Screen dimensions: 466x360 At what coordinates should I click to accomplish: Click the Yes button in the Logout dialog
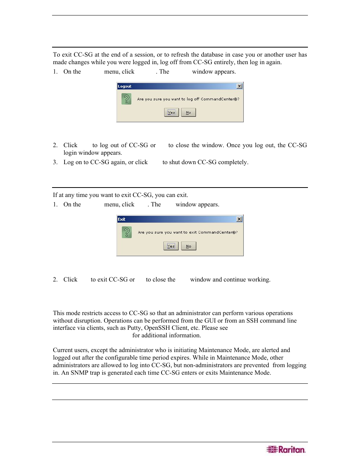[x=171, y=112]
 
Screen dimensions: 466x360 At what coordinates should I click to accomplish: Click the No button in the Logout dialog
[x=188, y=112]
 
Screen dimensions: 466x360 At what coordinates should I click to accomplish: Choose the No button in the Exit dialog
[x=188, y=246]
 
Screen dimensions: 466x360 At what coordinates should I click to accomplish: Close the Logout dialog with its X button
[x=239, y=86]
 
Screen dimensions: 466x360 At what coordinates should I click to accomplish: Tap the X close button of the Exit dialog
[x=239, y=219]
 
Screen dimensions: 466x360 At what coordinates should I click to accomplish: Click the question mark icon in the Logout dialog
[x=126, y=99]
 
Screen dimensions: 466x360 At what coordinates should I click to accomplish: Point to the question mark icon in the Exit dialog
[x=126, y=232]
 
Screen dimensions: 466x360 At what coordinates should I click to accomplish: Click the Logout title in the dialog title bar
[x=125, y=86]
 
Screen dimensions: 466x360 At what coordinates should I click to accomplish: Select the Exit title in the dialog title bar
[x=122, y=219]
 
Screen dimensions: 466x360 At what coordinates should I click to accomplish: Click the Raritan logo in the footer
[x=286, y=449]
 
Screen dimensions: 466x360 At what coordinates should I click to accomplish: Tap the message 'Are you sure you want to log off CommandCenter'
[x=188, y=99]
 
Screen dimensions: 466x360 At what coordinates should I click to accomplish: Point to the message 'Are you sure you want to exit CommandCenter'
[x=188, y=232]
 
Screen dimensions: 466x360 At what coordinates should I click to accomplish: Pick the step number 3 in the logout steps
[x=55, y=162]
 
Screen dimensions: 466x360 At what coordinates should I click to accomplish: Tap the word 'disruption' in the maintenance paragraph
[x=89, y=321]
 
